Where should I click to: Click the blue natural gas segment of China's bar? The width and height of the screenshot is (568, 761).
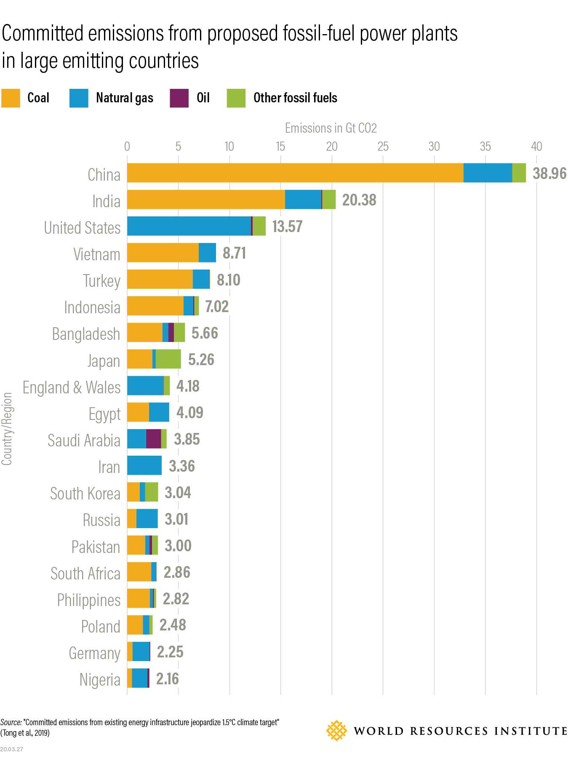(488, 173)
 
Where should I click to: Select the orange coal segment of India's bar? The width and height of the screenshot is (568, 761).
(206, 200)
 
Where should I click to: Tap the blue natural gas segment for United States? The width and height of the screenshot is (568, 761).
(189, 226)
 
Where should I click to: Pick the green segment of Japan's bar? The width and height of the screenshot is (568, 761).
(168, 359)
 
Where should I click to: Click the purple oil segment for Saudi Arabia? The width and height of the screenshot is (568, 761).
(154, 439)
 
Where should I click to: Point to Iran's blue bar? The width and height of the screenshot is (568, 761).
(144, 465)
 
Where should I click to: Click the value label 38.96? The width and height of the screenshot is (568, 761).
(549, 174)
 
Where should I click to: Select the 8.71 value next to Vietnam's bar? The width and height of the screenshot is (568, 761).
(234, 253)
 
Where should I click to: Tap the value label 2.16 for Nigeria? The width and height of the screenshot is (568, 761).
(167, 679)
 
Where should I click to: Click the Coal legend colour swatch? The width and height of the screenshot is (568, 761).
(11, 98)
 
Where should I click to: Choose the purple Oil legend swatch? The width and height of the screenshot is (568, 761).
(179, 98)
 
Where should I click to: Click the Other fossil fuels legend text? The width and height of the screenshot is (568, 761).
(295, 98)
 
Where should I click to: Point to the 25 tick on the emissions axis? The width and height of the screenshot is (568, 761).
(383, 147)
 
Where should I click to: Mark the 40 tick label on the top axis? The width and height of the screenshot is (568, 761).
(536, 147)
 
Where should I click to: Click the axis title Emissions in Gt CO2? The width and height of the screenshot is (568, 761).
(331, 128)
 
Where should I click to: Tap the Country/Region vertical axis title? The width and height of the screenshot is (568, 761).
(7, 429)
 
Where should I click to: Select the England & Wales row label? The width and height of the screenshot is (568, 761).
(72, 387)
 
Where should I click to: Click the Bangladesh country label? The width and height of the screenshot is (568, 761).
(86, 334)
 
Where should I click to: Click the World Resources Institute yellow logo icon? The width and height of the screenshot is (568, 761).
(336, 731)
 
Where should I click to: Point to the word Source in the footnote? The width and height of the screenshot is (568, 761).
(11, 722)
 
